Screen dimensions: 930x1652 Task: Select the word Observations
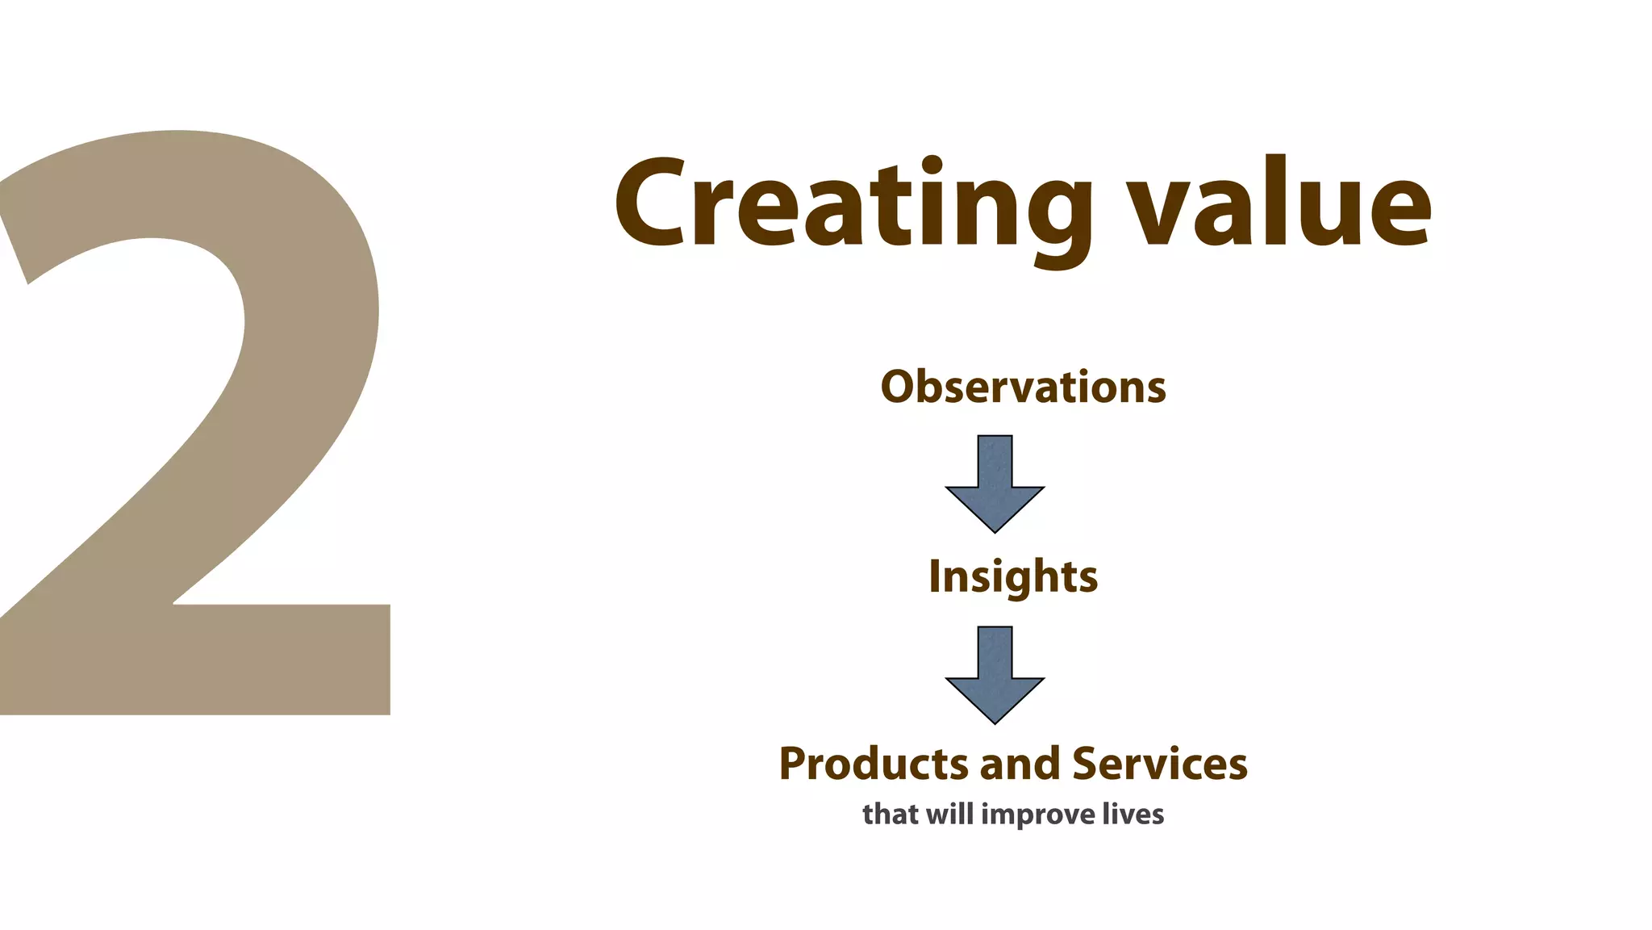click(x=1023, y=387)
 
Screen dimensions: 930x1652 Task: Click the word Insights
click(x=1013, y=576)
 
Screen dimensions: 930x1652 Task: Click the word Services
click(x=1159, y=764)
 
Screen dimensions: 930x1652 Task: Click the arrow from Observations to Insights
click(x=995, y=484)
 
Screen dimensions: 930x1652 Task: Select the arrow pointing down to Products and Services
click(x=995, y=675)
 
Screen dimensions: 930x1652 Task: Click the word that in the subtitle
click(x=891, y=814)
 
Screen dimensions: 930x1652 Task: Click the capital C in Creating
click(x=652, y=203)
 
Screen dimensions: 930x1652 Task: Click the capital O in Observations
click(x=899, y=387)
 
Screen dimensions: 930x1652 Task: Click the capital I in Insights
click(x=936, y=576)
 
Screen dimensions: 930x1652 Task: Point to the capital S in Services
click(x=1087, y=764)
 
